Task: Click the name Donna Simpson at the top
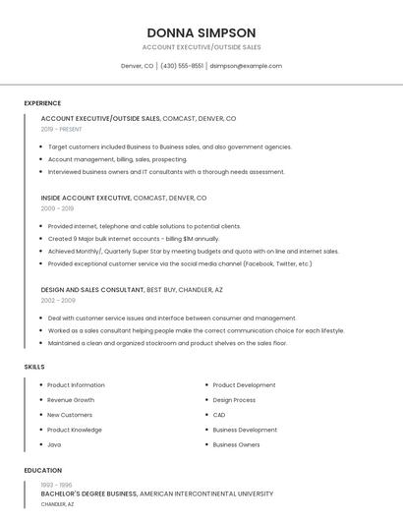coord(201,32)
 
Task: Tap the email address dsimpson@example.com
coord(246,66)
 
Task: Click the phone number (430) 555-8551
coord(182,66)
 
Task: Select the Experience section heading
coord(42,103)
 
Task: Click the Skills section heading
coord(34,367)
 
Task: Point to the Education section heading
coord(43,470)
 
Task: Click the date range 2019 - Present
coord(62,129)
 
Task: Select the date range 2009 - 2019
coord(57,208)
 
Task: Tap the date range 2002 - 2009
coord(58,301)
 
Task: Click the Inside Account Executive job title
coord(86,198)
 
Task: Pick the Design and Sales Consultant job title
coord(92,290)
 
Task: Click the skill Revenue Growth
coord(71,400)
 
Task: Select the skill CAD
coord(219,415)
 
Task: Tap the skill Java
coord(54,444)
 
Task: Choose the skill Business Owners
coord(236,444)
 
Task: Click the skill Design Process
coord(234,400)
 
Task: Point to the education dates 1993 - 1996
coord(56,485)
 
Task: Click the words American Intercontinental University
coord(205,493)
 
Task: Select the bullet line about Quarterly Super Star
coord(193,251)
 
